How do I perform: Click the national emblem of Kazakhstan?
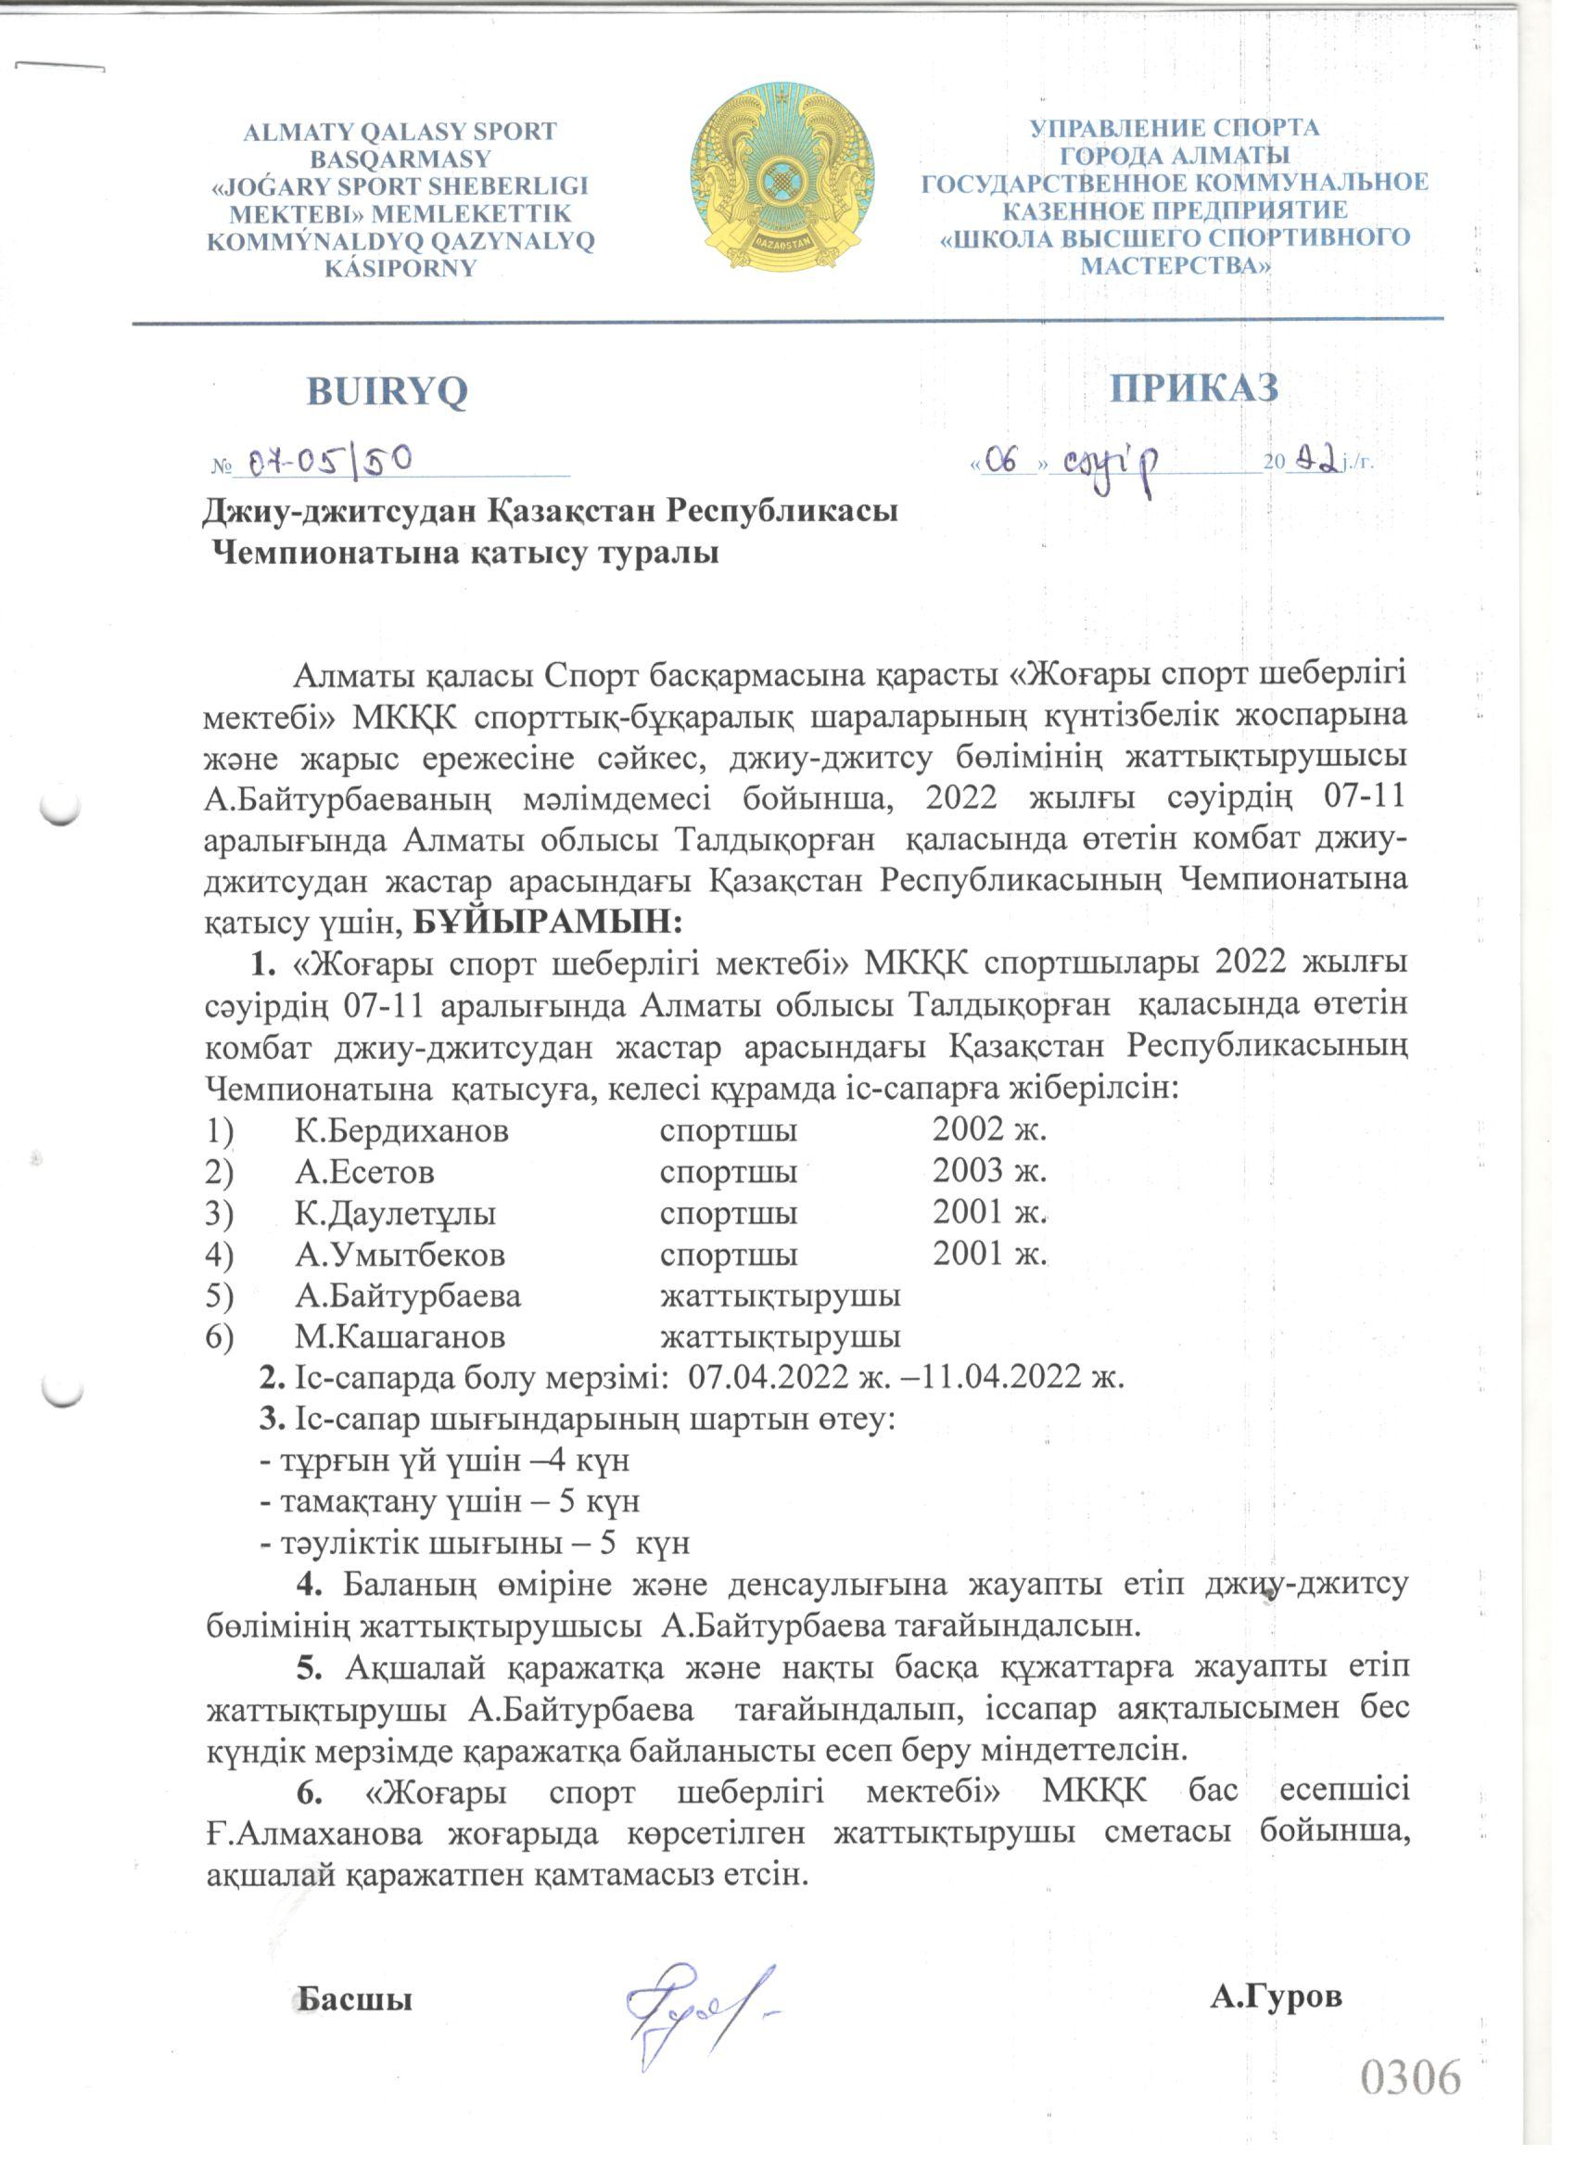(782, 180)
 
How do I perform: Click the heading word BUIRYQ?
(388, 391)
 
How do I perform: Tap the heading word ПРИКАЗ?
(1194, 389)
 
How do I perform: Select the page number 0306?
(1411, 2077)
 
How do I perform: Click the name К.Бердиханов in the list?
(401, 1132)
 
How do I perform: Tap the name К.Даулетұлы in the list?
(395, 1214)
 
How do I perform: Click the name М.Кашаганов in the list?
(400, 1336)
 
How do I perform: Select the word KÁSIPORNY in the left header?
(400, 269)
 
